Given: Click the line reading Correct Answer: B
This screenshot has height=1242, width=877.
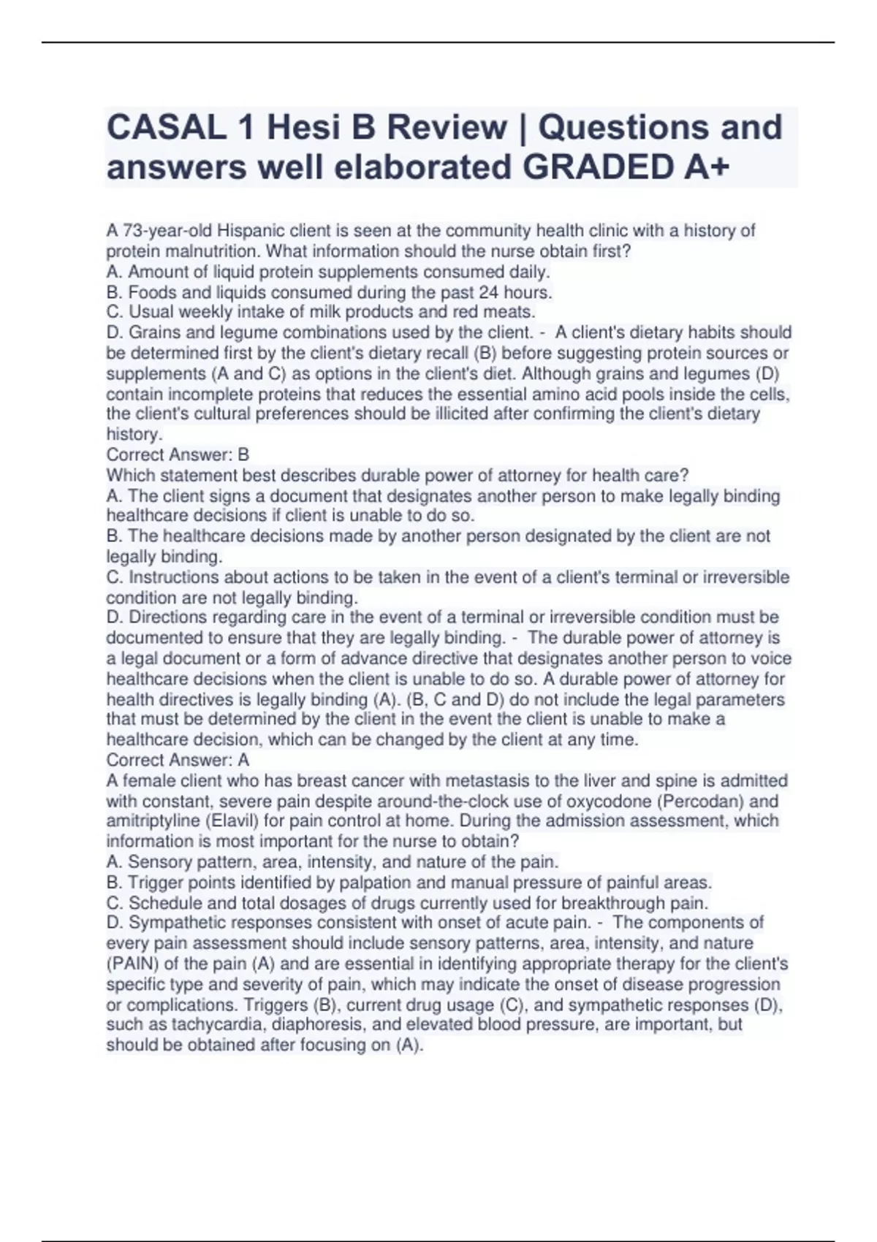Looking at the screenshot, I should [x=178, y=454].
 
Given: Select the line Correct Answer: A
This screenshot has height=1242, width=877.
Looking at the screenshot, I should [x=178, y=760].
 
